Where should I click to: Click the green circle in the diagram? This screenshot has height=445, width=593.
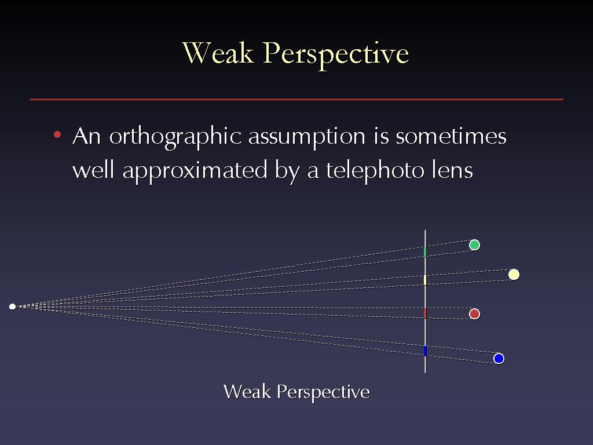coord(474,245)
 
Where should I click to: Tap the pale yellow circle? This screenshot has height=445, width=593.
coord(514,274)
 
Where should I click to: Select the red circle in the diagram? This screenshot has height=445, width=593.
coord(474,313)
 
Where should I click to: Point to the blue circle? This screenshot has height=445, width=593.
coord(499,358)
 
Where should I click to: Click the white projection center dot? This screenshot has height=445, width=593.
coord(13,307)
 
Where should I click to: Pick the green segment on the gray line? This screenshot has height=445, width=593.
coord(425,251)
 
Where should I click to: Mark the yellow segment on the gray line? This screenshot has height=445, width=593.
coord(425,280)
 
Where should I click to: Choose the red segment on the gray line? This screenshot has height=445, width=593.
coord(425,313)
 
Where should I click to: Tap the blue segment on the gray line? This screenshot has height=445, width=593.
coord(425,351)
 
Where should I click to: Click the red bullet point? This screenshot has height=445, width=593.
coord(57,134)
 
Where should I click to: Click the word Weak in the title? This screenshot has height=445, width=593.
coord(218,53)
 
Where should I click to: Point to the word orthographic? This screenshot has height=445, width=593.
coord(175,137)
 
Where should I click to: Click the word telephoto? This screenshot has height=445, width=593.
coord(375,170)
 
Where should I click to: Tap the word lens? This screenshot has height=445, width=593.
coord(453,170)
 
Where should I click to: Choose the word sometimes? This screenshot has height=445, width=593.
coord(451,136)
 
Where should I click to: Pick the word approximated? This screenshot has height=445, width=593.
coord(195,171)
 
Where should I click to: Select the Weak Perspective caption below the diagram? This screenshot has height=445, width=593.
coord(296,392)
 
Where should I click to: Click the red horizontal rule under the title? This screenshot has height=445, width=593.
coord(296,99)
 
